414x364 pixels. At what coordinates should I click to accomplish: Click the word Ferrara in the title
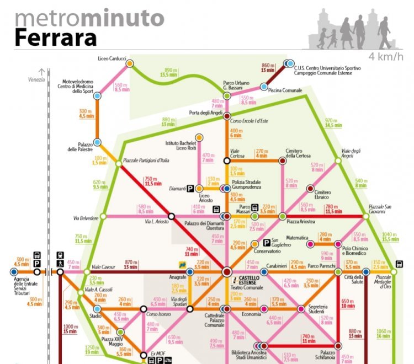[55, 37]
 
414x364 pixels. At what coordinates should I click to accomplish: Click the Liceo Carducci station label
[112, 58]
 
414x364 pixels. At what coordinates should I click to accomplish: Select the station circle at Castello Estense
[227, 271]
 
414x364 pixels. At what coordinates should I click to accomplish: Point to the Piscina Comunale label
[285, 90]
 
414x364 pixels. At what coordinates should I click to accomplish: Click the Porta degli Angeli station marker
[226, 114]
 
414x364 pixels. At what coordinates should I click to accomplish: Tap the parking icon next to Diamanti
[190, 188]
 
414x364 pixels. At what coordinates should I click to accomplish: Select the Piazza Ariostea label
[300, 222]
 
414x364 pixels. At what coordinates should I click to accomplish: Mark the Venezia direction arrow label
[36, 79]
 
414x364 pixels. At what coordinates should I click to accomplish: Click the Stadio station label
[95, 316]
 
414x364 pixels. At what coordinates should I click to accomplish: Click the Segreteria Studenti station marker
[301, 309]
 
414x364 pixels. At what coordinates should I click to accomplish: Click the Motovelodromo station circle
[97, 95]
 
